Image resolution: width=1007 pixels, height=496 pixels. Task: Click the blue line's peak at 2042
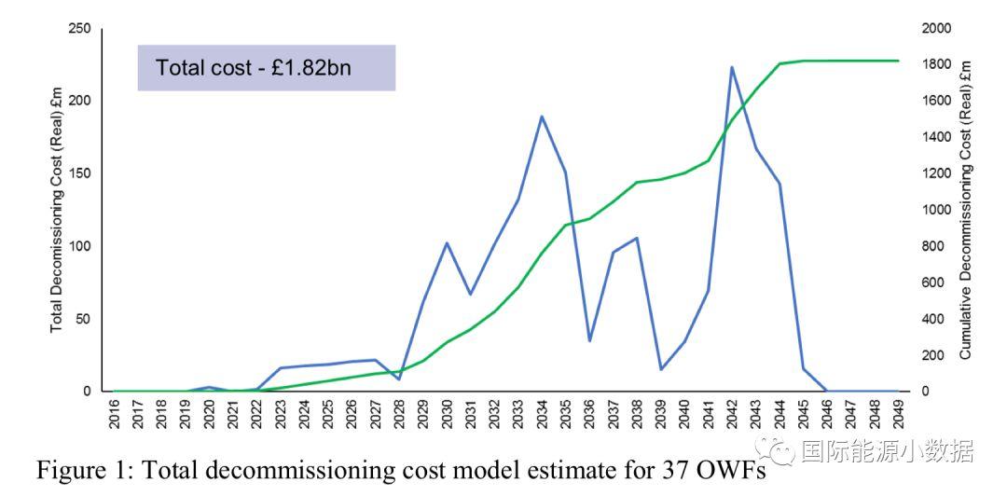click(x=732, y=67)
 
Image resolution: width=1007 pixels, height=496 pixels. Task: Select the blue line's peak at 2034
click(x=542, y=117)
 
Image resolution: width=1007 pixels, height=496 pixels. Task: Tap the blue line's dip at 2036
click(x=589, y=341)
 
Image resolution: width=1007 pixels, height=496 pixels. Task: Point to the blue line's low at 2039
click(x=660, y=370)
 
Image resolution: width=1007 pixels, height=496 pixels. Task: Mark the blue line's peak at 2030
click(x=447, y=243)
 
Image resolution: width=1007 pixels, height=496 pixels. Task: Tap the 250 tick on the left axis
click(x=80, y=29)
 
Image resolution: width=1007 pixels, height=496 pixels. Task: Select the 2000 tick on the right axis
click(x=936, y=29)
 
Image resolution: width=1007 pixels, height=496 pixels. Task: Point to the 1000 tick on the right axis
click(x=936, y=210)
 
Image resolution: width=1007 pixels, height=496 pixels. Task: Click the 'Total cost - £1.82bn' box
click(x=267, y=68)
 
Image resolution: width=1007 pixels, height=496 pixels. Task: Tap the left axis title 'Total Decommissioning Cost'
click(x=57, y=210)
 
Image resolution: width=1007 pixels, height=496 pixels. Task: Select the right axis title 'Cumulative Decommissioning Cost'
click(x=966, y=210)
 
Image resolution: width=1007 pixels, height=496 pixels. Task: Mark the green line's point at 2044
click(x=779, y=63)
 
